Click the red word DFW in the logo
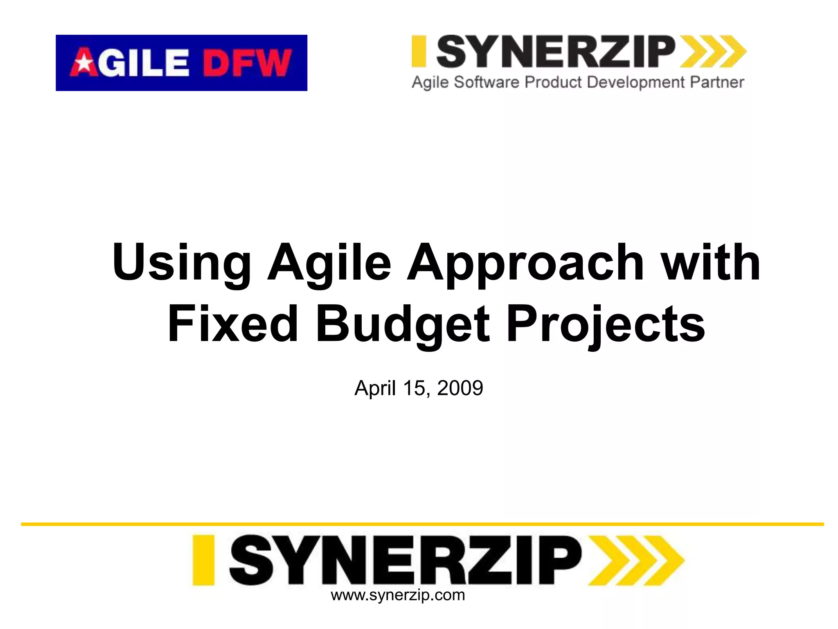[247, 63]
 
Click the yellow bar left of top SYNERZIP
[419, 51]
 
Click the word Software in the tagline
[487, 82]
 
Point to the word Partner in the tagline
[717, 82]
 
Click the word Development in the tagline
[635, 82]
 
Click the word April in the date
[375, 388]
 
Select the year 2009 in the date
[460, 388]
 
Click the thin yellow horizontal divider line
[421, 524]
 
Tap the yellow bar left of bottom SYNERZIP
[203, 560]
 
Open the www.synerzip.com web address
[398, 595]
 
